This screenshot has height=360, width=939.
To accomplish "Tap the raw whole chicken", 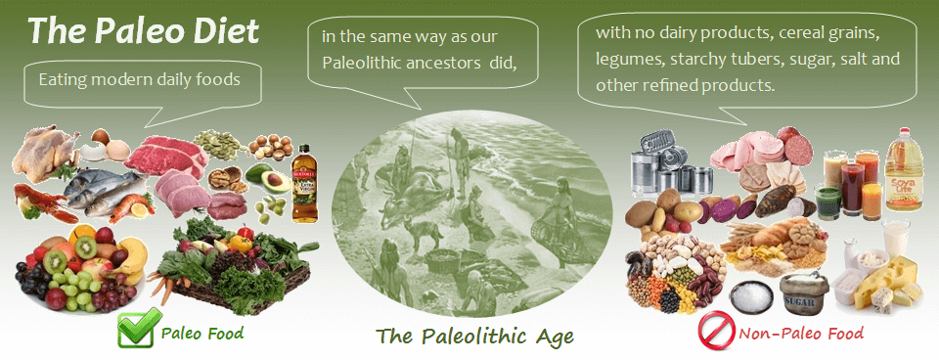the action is click(45, 153).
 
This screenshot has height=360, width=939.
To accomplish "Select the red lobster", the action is click(41, 202).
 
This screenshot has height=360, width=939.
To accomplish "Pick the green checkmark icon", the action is click(139, 328).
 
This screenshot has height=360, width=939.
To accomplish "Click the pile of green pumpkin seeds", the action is click(218, 144).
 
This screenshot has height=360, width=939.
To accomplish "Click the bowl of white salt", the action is click(752, 295).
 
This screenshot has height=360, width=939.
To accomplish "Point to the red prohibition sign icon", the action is click(716, 330).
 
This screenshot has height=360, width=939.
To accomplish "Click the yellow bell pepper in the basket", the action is click(241, 244).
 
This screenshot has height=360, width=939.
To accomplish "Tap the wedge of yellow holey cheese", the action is click(886, 281).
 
